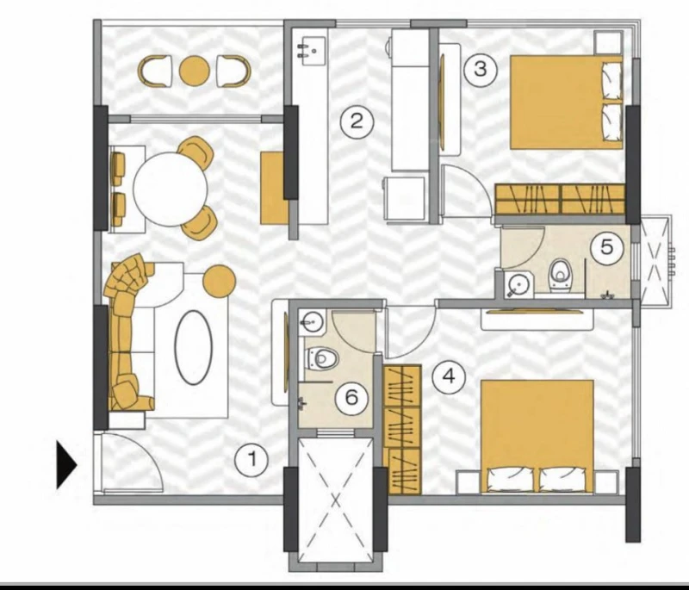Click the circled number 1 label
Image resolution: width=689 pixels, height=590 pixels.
click(x=251, y=460)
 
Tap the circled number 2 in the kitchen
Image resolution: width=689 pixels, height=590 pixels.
click(x=357, y=121)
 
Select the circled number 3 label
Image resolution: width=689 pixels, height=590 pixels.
click(x=481, y=69)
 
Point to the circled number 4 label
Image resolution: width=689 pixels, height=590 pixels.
click(x=449, y=376)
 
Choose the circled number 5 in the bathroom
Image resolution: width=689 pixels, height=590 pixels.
click(x=606, y=247)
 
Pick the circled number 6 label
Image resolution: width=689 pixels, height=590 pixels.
click(x=351, y=398)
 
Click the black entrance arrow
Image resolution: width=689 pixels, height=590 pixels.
click(x=67, y=465)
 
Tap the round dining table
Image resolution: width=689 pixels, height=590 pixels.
click(x=170, y=189)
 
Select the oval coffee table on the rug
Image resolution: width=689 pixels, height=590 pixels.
click(x=193, y=347)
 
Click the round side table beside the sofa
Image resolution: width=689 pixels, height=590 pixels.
click(x=219, y=281)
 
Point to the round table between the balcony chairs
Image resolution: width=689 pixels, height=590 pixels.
click(x=195, y=71)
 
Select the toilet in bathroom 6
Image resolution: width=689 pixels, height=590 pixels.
click(x=321, y=358)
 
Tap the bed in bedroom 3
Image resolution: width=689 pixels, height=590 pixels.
click(x=567, y=102)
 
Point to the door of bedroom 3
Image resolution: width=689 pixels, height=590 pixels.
click(x=467, y=190)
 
